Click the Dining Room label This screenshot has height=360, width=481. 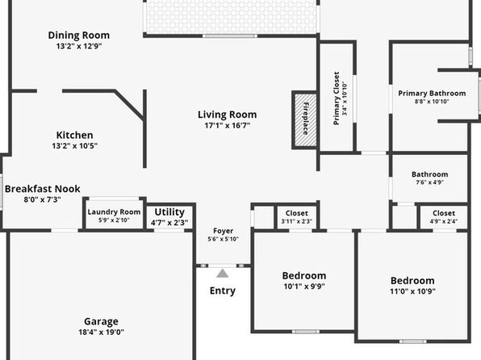click(x=79, y=36)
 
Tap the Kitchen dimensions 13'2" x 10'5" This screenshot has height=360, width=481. click(x=75, y=146)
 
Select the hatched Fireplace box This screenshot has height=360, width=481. click(x=306, y=120)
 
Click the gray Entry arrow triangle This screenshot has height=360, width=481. click(x=223, y=273)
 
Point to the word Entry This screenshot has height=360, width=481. click(x=223, y=291)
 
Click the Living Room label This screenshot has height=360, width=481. click(x=227, y=115)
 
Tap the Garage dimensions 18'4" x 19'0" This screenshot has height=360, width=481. click(x=101, y=332)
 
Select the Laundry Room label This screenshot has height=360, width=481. click(x=114, y=212)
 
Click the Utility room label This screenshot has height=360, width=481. click(x=169, y=212)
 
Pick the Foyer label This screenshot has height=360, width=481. click(x=223, y=231)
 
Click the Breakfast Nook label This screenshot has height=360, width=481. click(x=43, y=189)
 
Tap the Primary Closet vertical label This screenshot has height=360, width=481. click(x=337, y=98)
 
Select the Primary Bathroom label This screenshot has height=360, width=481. click(x=432, y=94)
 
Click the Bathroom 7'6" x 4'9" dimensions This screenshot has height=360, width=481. click(x=429, y=182)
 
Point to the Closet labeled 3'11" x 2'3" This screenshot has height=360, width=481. click(x=297, y=213)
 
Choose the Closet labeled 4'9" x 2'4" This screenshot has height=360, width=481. click(x=444, y=213)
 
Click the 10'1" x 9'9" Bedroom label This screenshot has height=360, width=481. click(x=304, y=275)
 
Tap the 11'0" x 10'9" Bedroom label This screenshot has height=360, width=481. click(x=412, y=281)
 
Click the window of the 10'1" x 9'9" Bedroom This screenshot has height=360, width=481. click(x=306, y=332)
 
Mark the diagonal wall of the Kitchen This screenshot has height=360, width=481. click(x=129, y=105)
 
